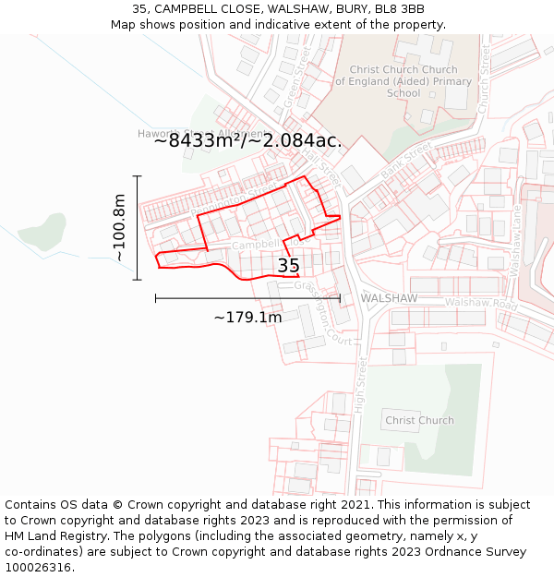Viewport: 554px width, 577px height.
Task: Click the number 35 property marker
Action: tap(288, 266)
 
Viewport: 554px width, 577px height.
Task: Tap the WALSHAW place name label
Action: tap(389, 298)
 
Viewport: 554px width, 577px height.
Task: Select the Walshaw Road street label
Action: tap(481, 303)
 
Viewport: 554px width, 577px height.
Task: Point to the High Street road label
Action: tap(361, 388)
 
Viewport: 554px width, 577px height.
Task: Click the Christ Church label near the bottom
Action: tap(419, 420)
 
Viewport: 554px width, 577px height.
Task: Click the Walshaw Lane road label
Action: tap(516, 239)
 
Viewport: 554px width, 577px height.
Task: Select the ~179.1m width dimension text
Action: tap(247, 318)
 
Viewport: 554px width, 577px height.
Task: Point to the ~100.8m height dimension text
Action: tap(119, 227)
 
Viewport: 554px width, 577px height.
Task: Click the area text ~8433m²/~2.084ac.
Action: tap(247, 141)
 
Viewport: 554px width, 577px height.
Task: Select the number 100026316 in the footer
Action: tap(40, 568)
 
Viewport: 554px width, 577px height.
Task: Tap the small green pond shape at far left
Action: tap(42, 231)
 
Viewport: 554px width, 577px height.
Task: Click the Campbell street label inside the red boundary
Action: tap(255, 246)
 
